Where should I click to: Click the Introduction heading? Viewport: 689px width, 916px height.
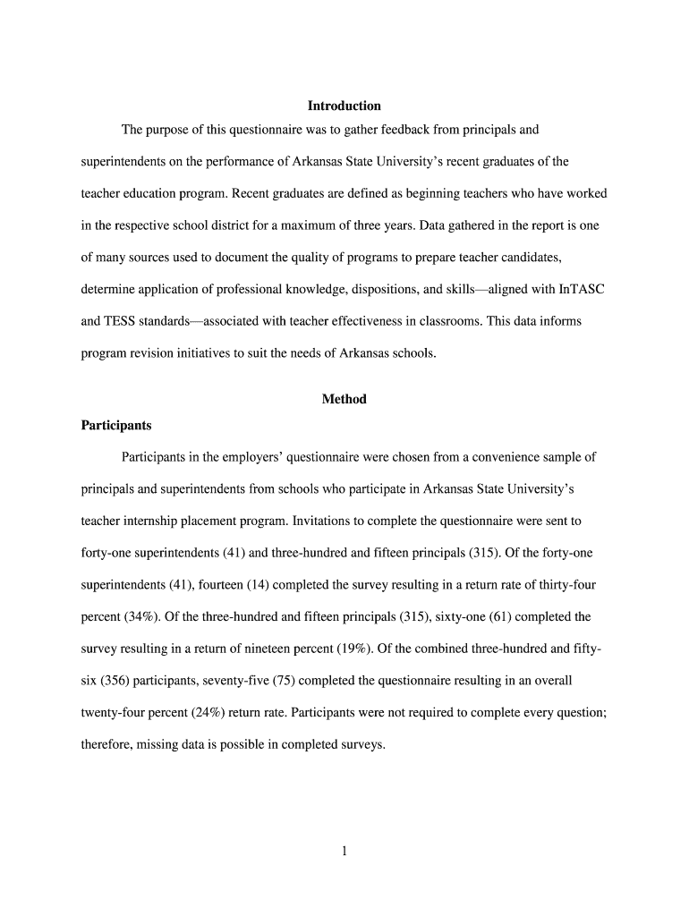pos(344,106)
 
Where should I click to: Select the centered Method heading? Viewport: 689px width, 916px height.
pos(344,399)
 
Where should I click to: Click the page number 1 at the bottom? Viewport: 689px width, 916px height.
pos(344,851)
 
